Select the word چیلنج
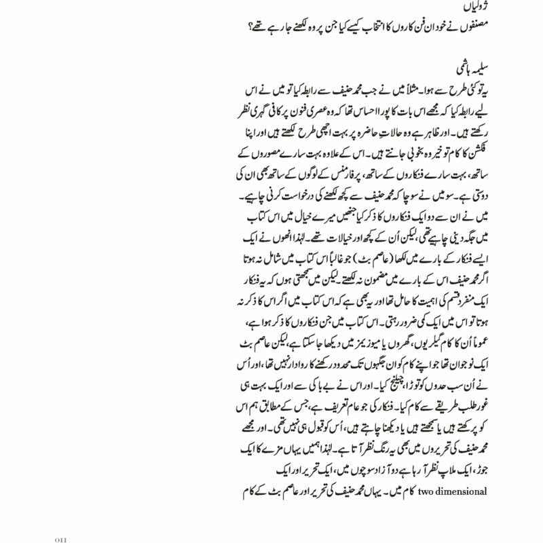coord(396,392)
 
